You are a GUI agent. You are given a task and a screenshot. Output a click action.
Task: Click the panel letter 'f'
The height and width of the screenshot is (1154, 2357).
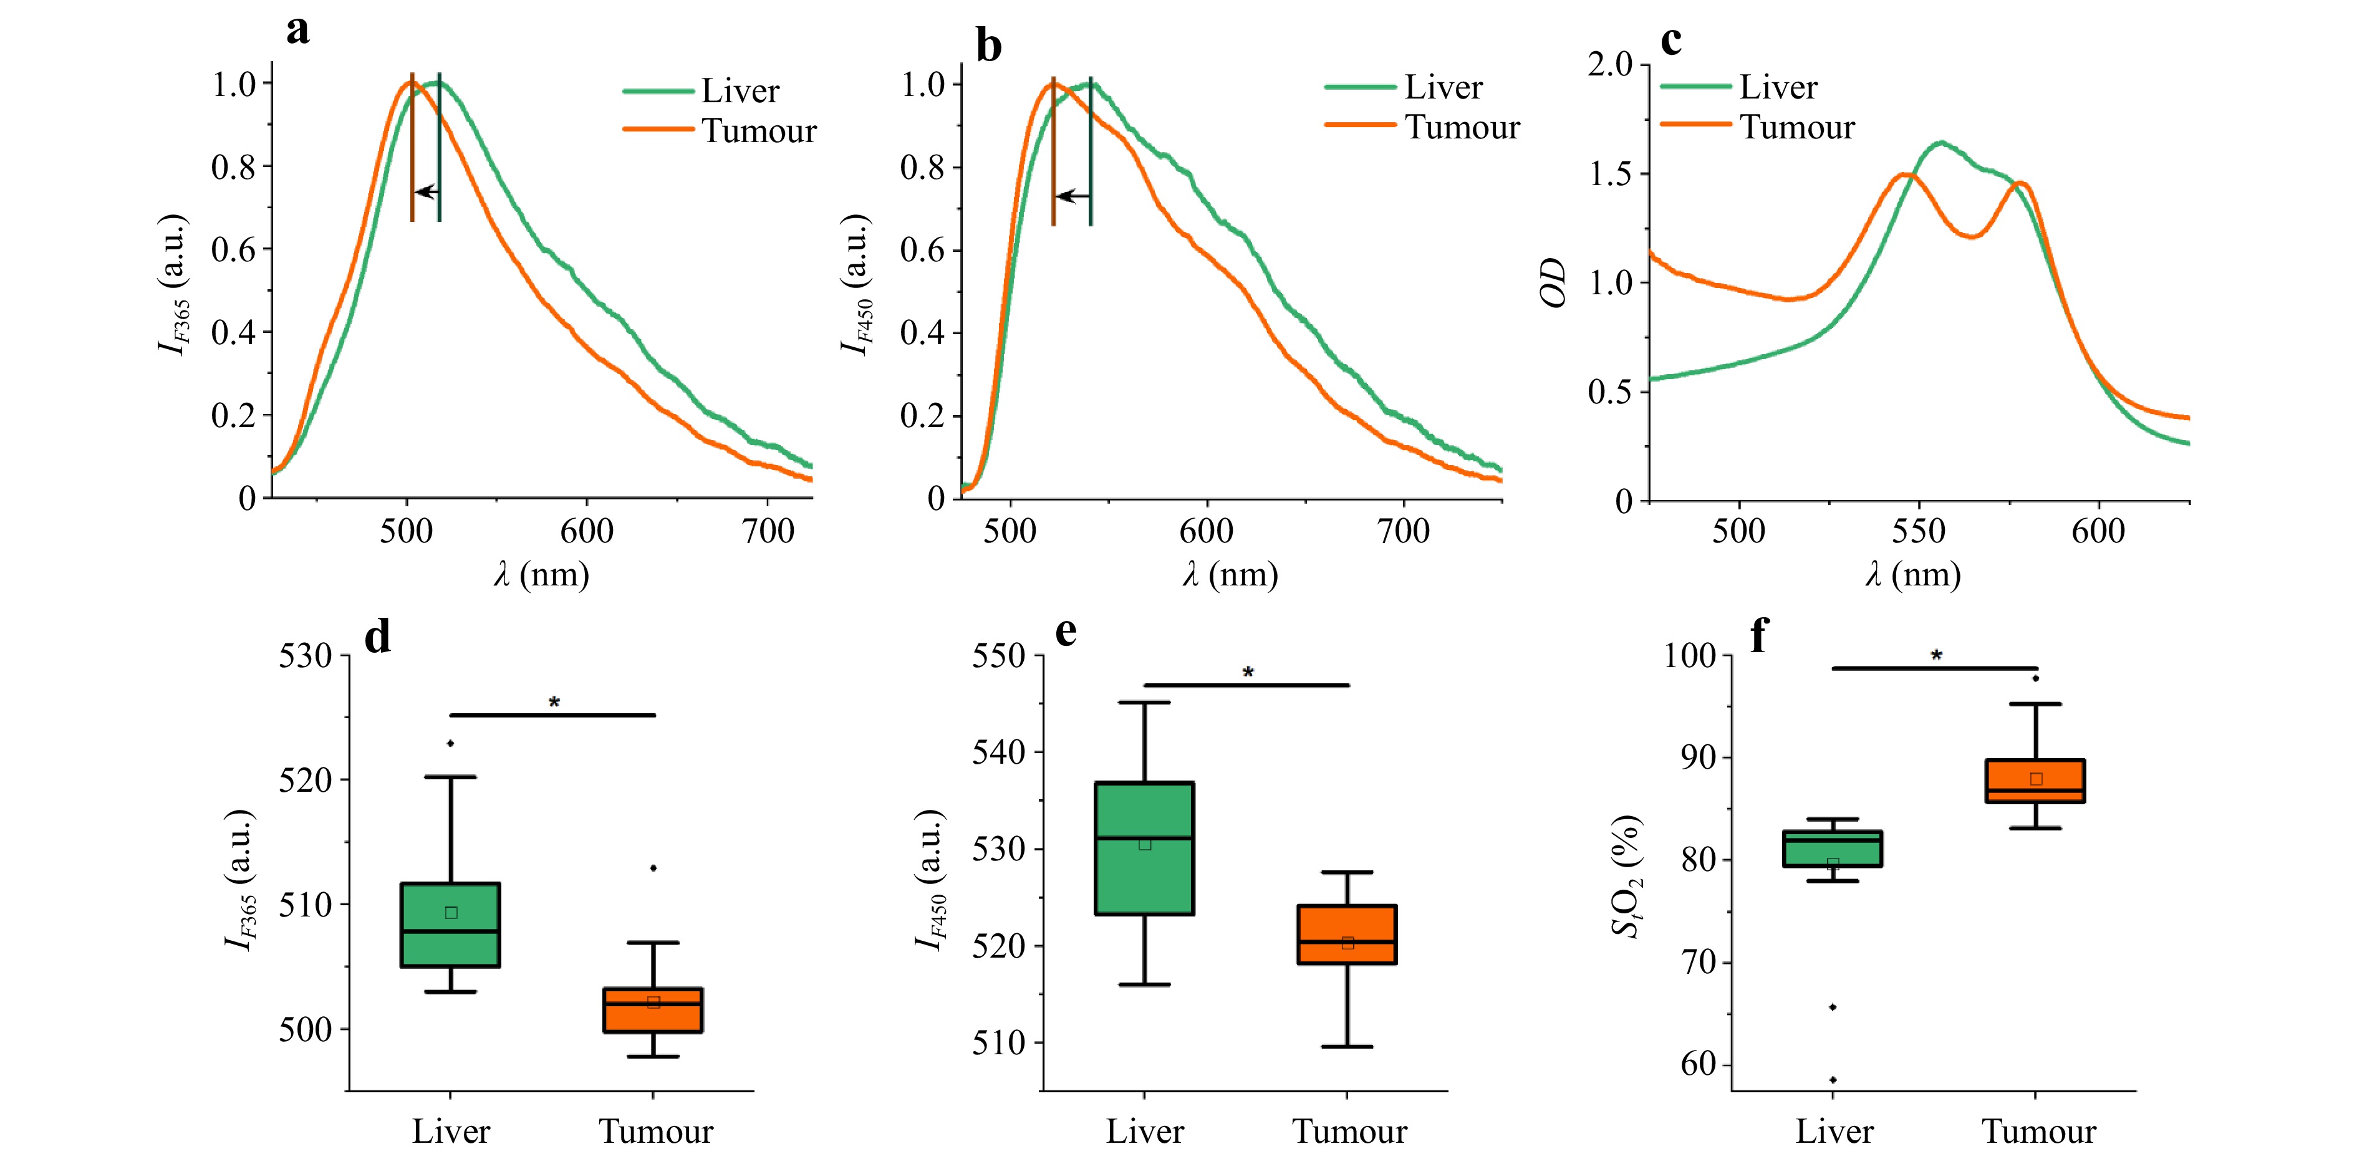coord(1758,634)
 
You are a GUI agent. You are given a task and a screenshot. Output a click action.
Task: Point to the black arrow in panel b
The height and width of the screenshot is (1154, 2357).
coord(1072,196)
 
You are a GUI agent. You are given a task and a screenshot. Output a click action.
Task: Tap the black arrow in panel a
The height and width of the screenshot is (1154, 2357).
coord(427,192)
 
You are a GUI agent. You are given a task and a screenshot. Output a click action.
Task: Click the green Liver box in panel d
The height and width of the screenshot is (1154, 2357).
coord(451,925)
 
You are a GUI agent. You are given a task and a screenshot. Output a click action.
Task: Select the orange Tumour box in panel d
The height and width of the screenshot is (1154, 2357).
coord(653,1011)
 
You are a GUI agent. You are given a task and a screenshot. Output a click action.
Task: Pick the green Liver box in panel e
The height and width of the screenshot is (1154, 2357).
coord(1145,849)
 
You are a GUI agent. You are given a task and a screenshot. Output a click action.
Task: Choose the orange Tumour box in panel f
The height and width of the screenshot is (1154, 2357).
coord(2036,781)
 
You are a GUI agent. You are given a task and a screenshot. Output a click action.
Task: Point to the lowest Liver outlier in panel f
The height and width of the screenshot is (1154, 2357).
coord(1833,1080)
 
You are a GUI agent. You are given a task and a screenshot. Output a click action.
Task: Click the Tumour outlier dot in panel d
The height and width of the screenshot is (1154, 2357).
coord(653,868)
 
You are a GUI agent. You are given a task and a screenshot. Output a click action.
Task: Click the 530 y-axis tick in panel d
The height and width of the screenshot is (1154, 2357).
coord(306,656)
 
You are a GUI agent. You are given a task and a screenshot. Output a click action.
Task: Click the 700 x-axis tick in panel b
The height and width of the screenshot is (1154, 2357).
coord(1403,531)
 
